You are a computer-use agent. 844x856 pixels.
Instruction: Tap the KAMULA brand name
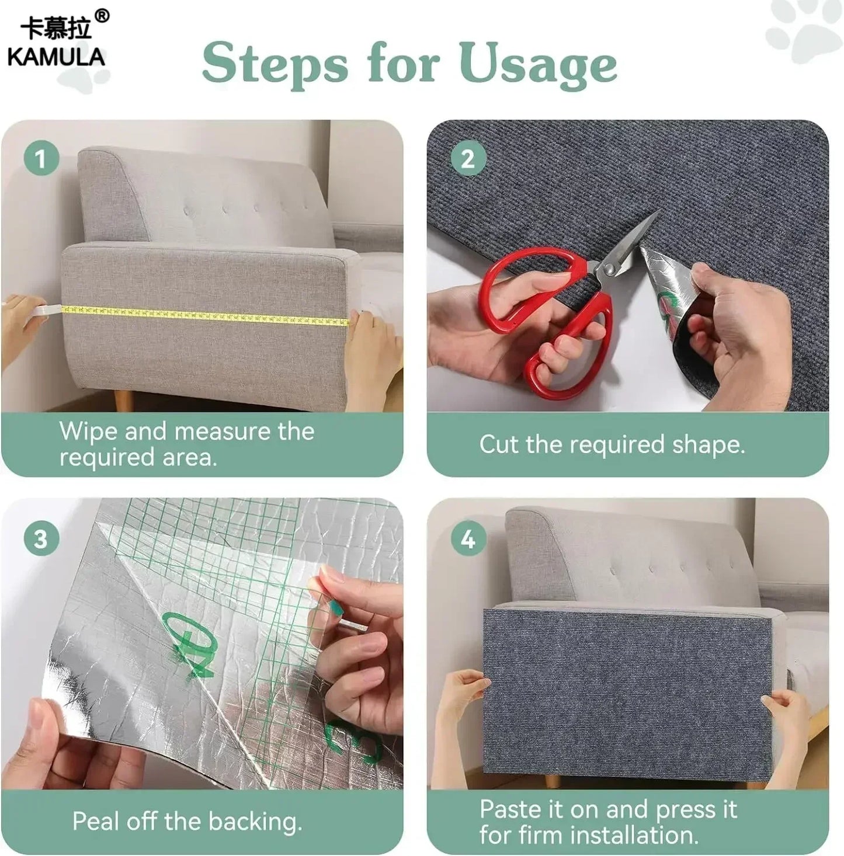56,57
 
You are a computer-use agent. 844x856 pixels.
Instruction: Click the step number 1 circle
41,158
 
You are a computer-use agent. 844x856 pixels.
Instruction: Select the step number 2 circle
468,158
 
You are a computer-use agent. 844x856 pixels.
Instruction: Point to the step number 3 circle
41,539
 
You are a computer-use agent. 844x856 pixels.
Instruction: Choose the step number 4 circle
468,539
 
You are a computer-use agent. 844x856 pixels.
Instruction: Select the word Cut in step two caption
499,444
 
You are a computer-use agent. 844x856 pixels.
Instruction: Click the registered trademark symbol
102,16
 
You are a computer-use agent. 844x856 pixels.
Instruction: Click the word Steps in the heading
275,65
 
